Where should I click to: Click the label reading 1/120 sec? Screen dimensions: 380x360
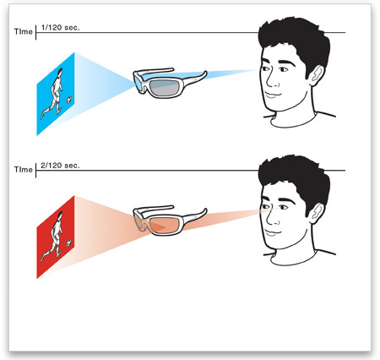coord(61,28)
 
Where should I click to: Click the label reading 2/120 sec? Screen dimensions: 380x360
coord(61,166)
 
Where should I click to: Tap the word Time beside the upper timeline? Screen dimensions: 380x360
coord(24,31)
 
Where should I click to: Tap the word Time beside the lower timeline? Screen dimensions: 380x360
coord(24,170)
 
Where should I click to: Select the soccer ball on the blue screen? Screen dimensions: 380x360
coord(68,99)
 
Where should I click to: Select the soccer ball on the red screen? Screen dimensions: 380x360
coord(68,243)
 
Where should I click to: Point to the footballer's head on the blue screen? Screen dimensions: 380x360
coord(60,72)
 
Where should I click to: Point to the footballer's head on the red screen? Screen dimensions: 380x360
coord(60,215)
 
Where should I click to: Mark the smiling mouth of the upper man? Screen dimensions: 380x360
coord(273,95)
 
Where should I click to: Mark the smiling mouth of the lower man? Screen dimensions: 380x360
coord(273,232)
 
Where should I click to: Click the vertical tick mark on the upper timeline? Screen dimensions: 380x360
coord(36,32)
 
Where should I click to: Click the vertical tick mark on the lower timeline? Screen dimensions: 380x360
coord(36,170)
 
